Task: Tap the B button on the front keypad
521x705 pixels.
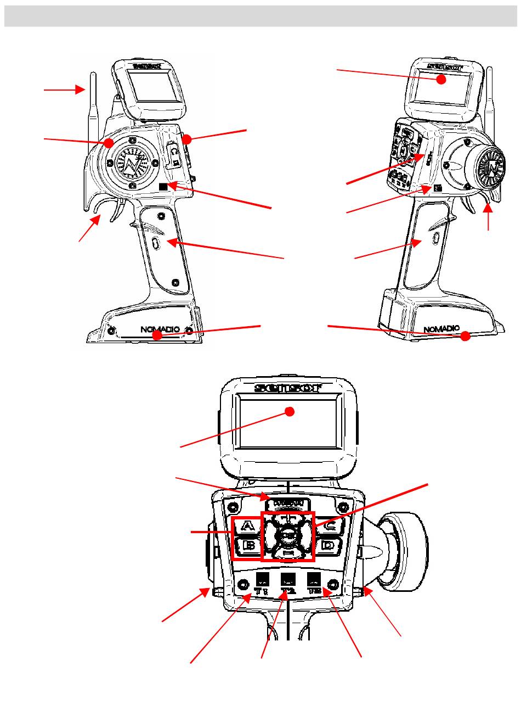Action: pos(248,546)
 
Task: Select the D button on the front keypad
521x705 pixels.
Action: pos(327,546)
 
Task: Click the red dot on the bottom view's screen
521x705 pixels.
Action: pos(292,412)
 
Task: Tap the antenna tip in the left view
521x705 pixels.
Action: pos(91,74)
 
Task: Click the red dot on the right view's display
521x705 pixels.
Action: pos(440,80)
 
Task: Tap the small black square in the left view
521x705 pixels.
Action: pos(163,187)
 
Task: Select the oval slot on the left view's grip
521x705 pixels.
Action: pos(155,243)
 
